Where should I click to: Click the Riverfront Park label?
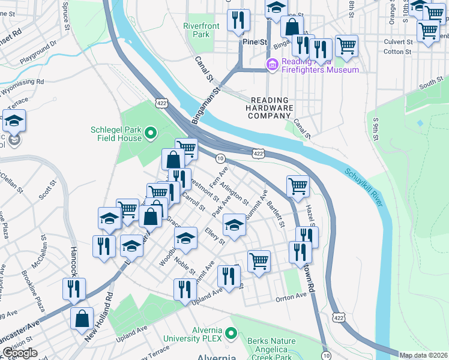[x=197, y=30]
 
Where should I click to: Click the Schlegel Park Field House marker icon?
[x=151, y=133]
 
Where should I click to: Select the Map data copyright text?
[x=424, y=355]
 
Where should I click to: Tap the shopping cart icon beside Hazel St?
[x=298, y=187]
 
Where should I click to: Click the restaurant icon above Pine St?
[x=240, y=21]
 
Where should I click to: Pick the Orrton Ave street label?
[x=292, y=297]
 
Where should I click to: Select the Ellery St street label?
[x=215, y=236]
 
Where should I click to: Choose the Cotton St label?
[x=397, y=52]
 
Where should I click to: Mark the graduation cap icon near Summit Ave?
[x=234, y=227]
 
